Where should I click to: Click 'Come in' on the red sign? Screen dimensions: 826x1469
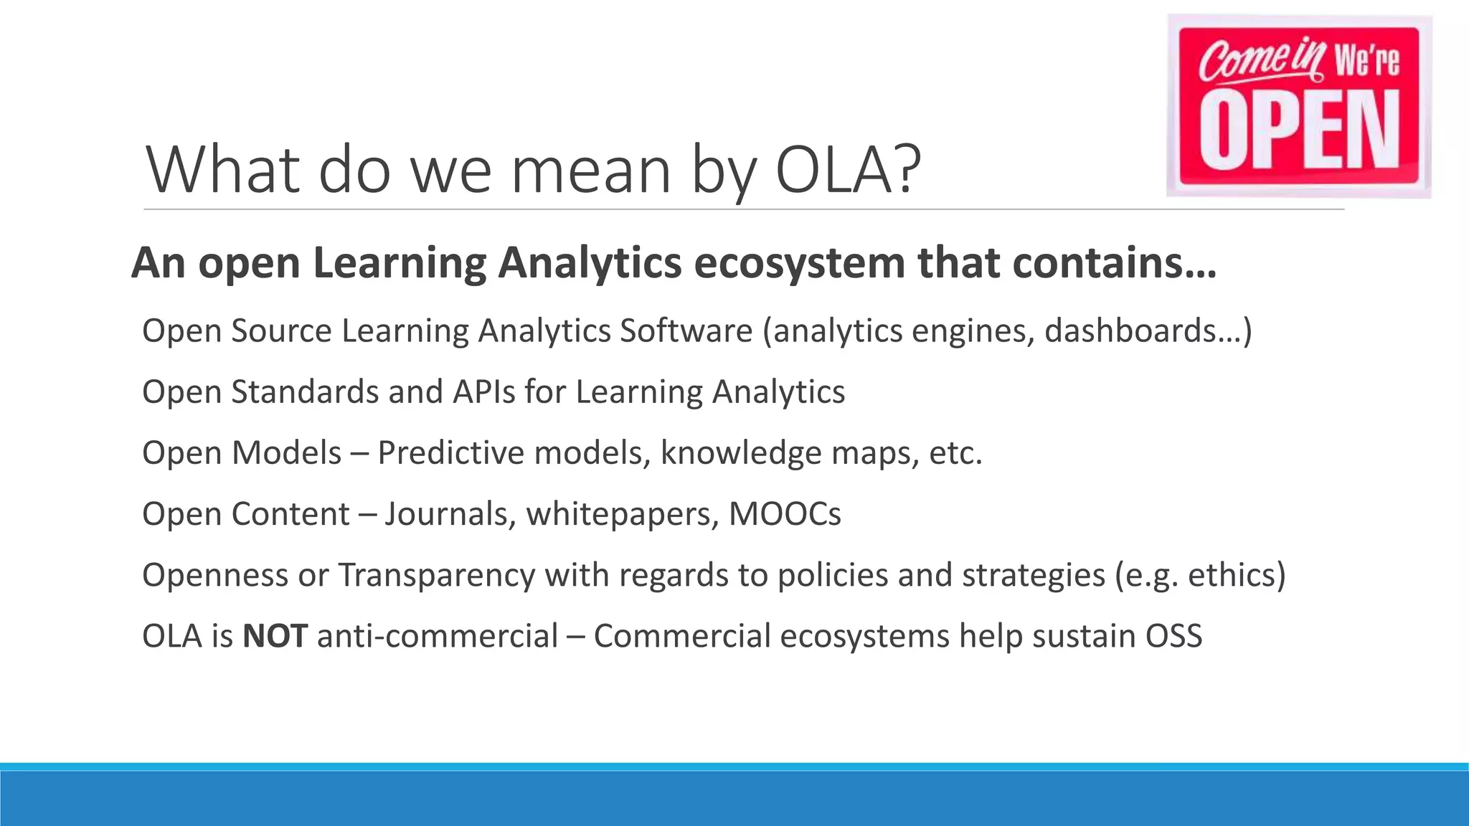point(1260,60)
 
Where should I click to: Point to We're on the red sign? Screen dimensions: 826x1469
point(1366,60)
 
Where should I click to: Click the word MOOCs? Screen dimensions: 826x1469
point(785,514)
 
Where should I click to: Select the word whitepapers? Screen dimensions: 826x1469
point(622,514)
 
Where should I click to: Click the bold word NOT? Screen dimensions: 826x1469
point(275,636)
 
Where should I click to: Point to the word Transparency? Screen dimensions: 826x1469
point(436,575)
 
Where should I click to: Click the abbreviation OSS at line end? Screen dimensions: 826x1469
point(1173,636)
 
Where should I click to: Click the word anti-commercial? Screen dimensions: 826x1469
point(437,636)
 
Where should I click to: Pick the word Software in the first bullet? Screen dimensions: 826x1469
point(686,331)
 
